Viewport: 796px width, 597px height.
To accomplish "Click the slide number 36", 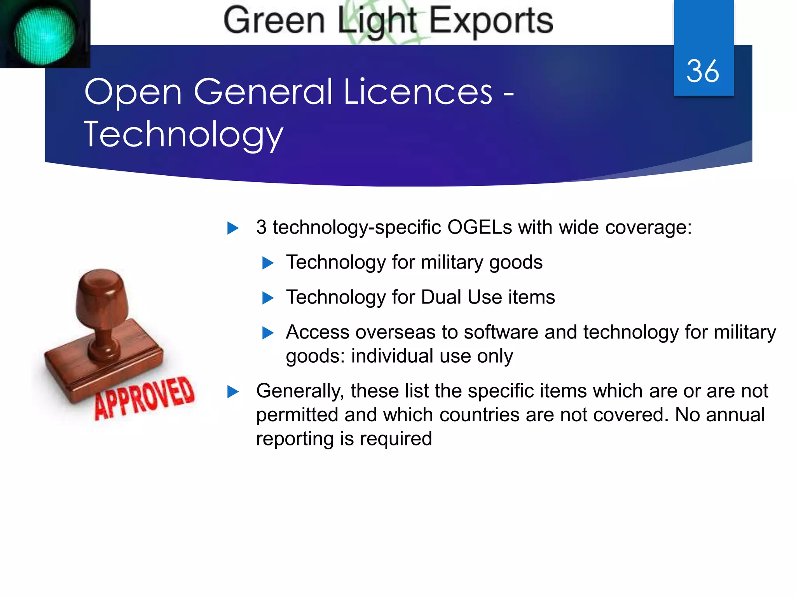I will [x=703, y=72].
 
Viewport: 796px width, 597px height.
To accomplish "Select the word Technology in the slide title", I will [x=183, y=134].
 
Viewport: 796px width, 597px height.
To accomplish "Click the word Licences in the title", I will [x=418, y=92].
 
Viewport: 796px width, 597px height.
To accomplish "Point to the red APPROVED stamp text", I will [x=145, y=398].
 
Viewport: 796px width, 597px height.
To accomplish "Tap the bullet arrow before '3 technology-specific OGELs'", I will [x=233, y=228].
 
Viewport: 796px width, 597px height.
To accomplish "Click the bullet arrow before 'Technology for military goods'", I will [x=268, y=263].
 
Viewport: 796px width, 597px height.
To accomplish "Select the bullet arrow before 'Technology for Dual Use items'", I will [x=268, y=298].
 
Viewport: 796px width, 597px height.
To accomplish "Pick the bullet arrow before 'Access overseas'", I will [x=268, y=333].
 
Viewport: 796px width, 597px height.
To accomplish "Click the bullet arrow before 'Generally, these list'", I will [x=233, y=391].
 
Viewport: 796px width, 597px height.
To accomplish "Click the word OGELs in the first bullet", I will [x=479, y=227].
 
